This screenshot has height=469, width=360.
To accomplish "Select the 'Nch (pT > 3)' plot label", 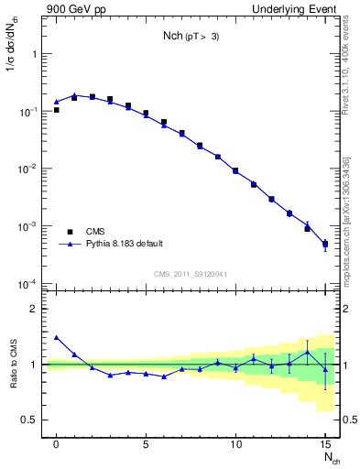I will (x=191, y=36).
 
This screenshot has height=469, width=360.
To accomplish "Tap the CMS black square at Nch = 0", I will (x=57, y=110).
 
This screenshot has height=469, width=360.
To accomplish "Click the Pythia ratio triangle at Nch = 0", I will (x=57, y=337).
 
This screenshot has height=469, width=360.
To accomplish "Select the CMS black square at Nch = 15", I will (x=325, y=244).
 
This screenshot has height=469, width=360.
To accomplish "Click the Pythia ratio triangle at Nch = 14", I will (x=307, y=353).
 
